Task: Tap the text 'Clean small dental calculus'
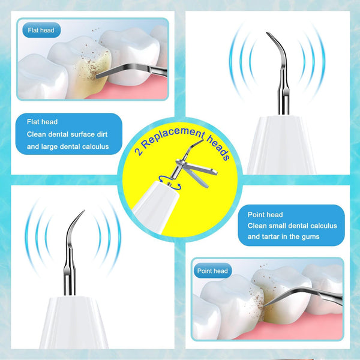coord(292,226)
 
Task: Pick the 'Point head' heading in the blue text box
coord(265,214)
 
